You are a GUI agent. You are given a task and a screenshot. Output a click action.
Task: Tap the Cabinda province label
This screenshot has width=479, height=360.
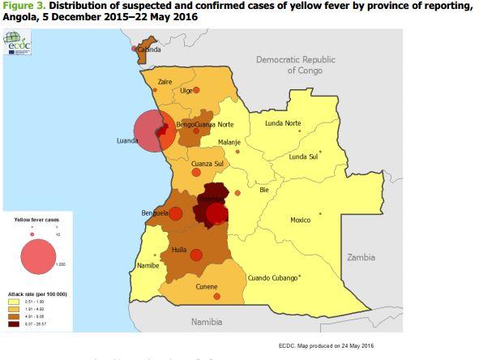pyautogui.click(x=148, y=49)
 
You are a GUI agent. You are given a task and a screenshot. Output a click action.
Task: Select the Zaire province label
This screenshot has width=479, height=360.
pyautogui.click(x=165, y=82)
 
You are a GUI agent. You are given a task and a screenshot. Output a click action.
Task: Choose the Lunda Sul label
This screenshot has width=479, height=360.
pyautogui.click(x=304, y=156)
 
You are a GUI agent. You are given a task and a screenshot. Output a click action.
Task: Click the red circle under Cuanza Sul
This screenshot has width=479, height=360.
pyautogui.click(x=195, y=172)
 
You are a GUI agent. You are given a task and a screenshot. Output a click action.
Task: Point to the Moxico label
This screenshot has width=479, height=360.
pyautogui.click(x=301, y=220)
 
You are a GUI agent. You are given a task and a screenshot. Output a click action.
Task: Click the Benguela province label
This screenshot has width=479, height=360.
pyautogui.click(x=154, y=213)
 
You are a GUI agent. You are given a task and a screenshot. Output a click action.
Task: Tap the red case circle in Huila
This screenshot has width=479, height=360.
pyautogui.click(x=196, y=255)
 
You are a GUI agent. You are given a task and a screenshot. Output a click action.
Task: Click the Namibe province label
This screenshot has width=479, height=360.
pyautogui.click(x=148, y=265)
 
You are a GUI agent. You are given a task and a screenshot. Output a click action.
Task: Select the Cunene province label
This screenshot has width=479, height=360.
pyautogui.click(x=207, y=286)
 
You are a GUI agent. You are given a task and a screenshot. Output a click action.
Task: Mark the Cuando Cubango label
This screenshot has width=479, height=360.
pyautogui.click(x=272, y=276)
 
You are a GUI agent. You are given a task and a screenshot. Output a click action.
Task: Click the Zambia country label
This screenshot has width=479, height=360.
pyautogui.click(x=361, y=257)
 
